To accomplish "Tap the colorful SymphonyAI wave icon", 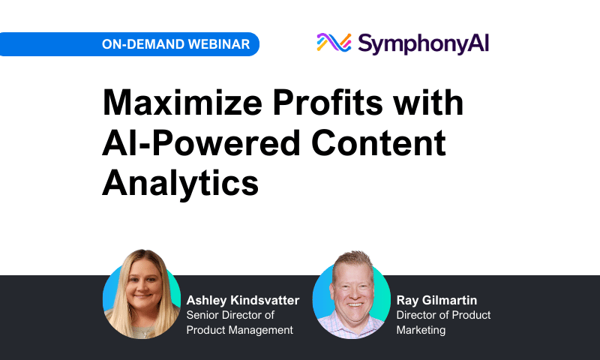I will [x=334, y=43].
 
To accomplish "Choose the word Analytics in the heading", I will [x=181, y=182].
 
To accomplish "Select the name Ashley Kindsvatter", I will [x=242, y=300].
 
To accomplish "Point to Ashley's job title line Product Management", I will [x=239, y=330].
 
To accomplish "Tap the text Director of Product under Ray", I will [x=443, y=315].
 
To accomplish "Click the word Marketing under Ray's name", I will [x=421, y=330].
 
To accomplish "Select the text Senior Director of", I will [x=230, y=315].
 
